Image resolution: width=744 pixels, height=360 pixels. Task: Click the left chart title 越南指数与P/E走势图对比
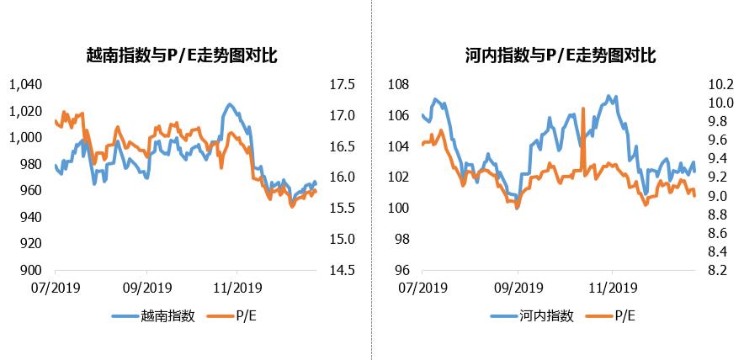[x=182, y=56]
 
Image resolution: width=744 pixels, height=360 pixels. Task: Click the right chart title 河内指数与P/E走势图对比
[x=560, y=56]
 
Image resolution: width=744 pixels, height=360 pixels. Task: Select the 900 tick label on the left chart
[x=30, y=270]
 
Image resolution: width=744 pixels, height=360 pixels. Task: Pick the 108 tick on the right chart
[x=399, y=84]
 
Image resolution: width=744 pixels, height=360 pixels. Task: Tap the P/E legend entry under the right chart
[x=624, y=316]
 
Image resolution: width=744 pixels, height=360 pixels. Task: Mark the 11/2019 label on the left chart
[x=236, y=287]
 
